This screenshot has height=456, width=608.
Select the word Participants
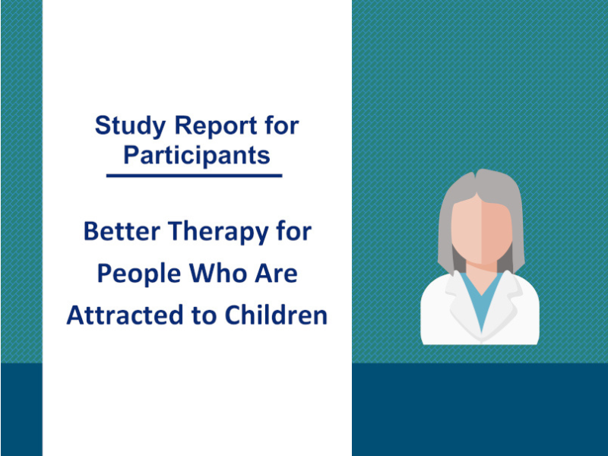click(196, 155)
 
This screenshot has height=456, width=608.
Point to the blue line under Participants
click(194, 176)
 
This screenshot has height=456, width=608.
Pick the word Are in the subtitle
click(274, 273)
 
